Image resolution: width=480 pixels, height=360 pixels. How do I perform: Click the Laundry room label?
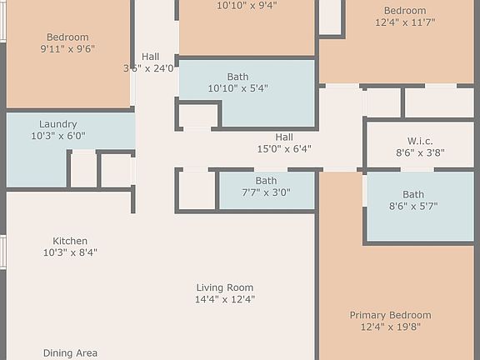click(x=57, y=123)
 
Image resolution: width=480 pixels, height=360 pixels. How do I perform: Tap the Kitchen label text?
click(x=70, y=241)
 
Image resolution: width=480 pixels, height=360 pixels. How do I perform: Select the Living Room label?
click(x=225, y=287)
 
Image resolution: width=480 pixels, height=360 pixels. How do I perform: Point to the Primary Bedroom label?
click(x=390, y=315)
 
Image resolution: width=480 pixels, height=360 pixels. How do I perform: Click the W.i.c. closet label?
click(x=420, y=141)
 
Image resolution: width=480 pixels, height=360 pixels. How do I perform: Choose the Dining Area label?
click(x=70, y=353)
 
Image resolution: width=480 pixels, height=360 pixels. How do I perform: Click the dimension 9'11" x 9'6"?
click(x=67, y=49)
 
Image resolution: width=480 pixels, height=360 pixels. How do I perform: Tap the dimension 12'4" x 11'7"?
click(x=405, y=22)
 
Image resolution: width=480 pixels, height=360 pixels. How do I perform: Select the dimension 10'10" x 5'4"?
click(x=237, y=88)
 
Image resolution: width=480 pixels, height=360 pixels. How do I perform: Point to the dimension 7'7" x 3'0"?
click(x=266, y=192)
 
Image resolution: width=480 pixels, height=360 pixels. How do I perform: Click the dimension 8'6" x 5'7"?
click(x=413, y=206)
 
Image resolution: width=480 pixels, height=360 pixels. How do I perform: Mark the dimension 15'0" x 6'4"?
click(x=284, y=149)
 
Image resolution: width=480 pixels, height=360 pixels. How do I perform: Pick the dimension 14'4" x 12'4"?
click(x=225, y=299)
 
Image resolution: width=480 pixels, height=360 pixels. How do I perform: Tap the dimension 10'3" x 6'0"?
click(x=57, y=136)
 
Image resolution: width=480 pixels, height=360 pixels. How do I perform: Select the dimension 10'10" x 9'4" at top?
click(x=247, y=5)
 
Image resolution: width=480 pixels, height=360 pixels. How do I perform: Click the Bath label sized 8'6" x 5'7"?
click(x=413, y=194)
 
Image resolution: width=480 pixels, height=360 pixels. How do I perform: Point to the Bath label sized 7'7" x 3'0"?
click(x=266, y=180)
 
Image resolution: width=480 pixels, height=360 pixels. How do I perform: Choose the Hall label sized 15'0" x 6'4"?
click(x=284, y=137)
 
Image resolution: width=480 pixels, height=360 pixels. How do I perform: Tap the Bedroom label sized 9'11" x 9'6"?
click(x=67, y=37)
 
